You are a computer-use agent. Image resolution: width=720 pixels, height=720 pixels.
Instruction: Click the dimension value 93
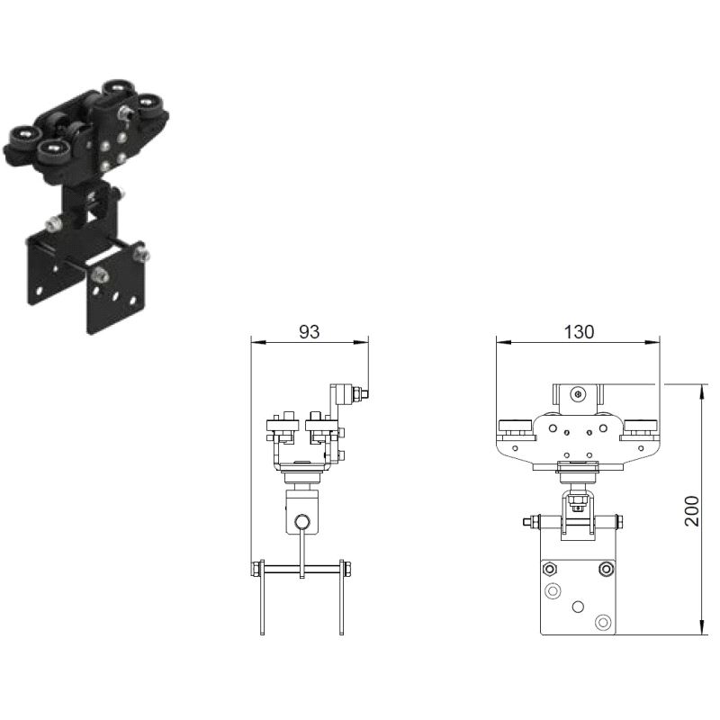309,331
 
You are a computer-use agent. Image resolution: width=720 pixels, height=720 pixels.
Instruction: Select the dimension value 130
579,331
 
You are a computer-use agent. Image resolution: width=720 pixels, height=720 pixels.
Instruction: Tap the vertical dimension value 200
691,510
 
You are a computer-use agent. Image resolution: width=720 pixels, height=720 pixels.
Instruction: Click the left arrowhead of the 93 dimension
259,342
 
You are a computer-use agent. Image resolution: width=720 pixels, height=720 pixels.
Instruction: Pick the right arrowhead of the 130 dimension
652,342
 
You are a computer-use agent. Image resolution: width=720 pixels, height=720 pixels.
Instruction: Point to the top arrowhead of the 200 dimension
702,392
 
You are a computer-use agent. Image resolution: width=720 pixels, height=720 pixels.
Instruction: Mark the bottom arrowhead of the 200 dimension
702,627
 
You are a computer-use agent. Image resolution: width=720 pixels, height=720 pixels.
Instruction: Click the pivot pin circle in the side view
302,522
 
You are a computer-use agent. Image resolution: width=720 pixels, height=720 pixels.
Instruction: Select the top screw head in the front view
578,393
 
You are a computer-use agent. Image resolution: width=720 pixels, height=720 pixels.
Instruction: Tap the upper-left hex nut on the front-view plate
549,570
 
